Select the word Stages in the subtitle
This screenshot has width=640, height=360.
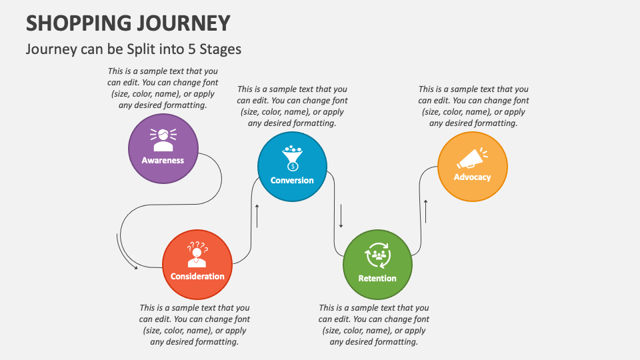point(223,49)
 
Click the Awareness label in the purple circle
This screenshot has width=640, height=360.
point(163,160)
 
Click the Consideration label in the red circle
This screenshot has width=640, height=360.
point(197,276)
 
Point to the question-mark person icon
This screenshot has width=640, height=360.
point(197,254)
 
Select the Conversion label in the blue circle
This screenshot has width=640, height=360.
point(292,180)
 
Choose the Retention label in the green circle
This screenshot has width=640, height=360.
point(377,278)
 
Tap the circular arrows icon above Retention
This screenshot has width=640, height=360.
point(377,254)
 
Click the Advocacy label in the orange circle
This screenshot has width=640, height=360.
point(472,177)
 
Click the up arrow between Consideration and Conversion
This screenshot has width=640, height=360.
point(257,215)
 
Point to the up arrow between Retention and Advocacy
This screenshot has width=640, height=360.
point(426,210)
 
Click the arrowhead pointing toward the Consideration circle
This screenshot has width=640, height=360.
point(135,268)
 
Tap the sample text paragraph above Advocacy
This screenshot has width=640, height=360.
point(473,106)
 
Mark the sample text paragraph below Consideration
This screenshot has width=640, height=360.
point(195,325)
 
